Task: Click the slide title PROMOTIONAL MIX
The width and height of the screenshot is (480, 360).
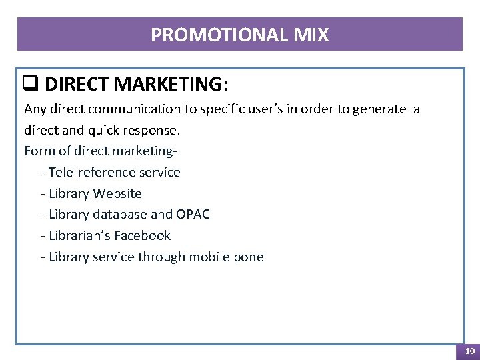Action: (240, 35)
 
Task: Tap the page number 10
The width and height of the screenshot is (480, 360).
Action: (469, 351)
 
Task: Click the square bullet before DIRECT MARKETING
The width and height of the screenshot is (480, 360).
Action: (29, 84)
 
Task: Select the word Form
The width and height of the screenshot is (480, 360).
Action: (38, 151)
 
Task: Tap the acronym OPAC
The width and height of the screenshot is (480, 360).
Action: (193, 214)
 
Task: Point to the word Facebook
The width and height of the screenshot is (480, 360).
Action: (142, 235)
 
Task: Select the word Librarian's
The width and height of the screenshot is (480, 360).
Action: (79, 235)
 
